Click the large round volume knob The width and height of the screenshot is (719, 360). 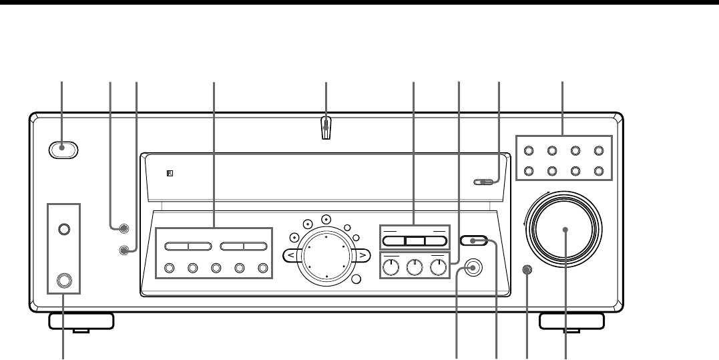[566, 230]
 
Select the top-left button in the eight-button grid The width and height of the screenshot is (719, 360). [528, 151]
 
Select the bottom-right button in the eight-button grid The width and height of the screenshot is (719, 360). [599, 170]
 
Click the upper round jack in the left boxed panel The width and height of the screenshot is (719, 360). [63, 229]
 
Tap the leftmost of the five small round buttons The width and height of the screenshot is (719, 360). [168, 269]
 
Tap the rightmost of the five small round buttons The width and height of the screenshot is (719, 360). [262, 269]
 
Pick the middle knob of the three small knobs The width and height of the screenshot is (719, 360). [415, 268]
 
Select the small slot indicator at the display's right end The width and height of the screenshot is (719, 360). [484, 181]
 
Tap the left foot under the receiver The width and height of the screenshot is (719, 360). [80, 321]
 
